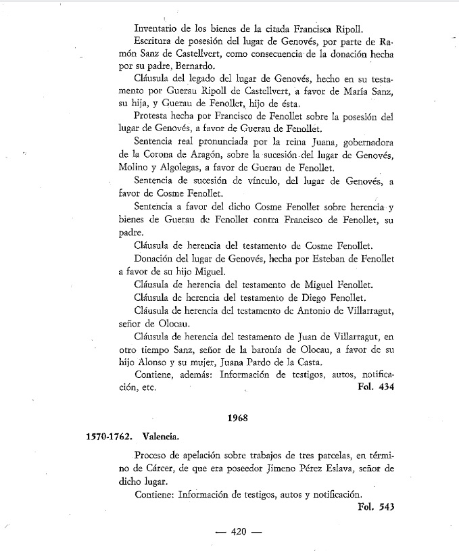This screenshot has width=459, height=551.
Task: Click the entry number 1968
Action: [239, 418]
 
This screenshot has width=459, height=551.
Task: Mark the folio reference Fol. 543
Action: [375, 506]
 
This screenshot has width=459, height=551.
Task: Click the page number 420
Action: [237, 531]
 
